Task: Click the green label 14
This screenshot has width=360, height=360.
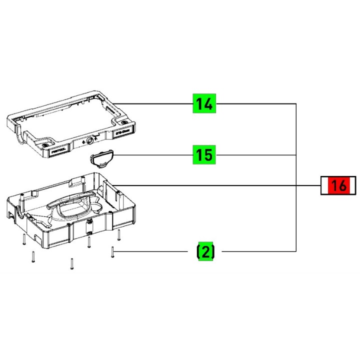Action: pos(204,104)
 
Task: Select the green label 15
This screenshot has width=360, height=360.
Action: pos(204,155)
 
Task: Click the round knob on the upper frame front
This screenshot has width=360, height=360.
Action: pos(90,142)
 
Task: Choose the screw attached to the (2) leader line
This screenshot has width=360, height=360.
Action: pos(113,252)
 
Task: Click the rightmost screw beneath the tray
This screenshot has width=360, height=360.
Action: pos(119,234)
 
